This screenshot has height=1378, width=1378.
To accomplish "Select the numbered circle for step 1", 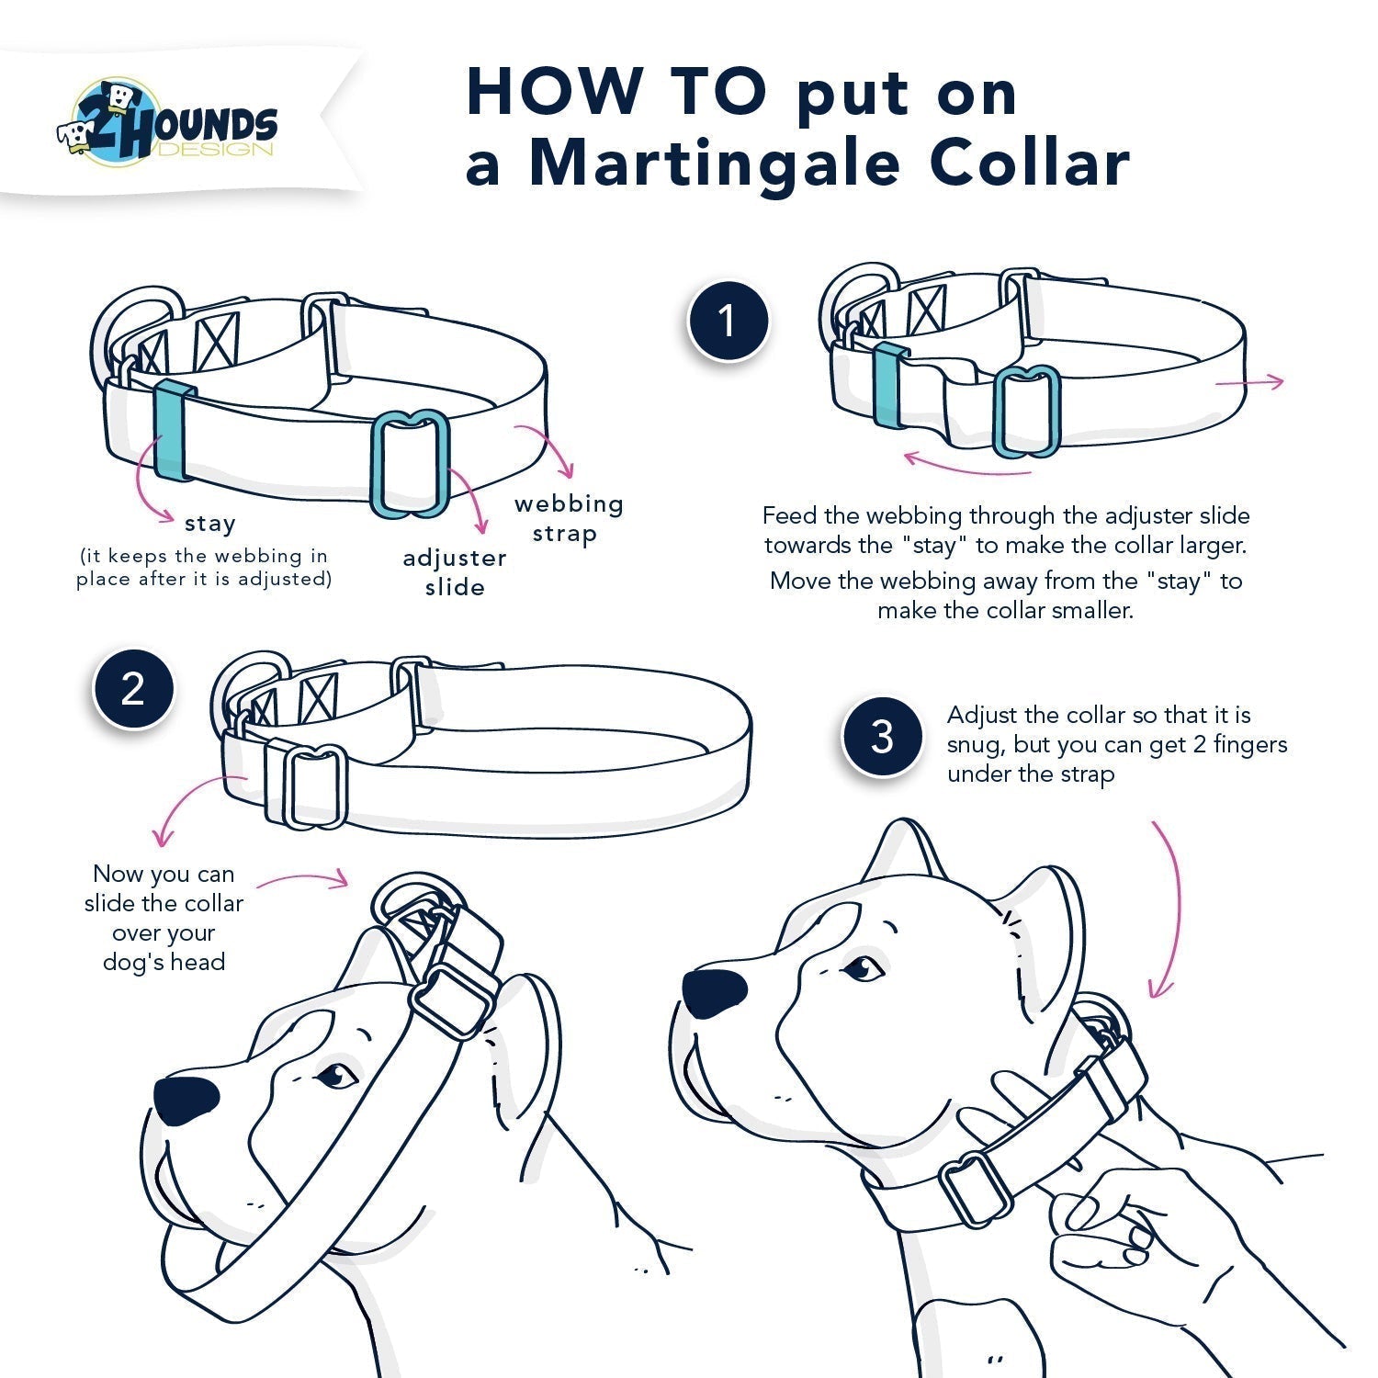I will (x=728, y=321).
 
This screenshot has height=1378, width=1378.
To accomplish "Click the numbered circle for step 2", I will (x=133, y=688).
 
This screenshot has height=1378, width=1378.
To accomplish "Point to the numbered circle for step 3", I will (x=882, y=736).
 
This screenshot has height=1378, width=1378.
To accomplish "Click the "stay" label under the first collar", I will (x=210, y=524).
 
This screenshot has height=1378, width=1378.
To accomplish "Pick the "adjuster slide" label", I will (x=455, y=572).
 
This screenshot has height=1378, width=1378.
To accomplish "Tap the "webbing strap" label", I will (x=568, y=518).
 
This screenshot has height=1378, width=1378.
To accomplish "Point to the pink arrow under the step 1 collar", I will (x=965, y=465).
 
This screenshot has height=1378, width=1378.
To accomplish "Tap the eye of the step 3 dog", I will (x=863, y=967).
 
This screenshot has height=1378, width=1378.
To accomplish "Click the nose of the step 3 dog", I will (x=714, y=993).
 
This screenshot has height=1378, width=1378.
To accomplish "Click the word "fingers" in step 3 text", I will (x=1250, y=744).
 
